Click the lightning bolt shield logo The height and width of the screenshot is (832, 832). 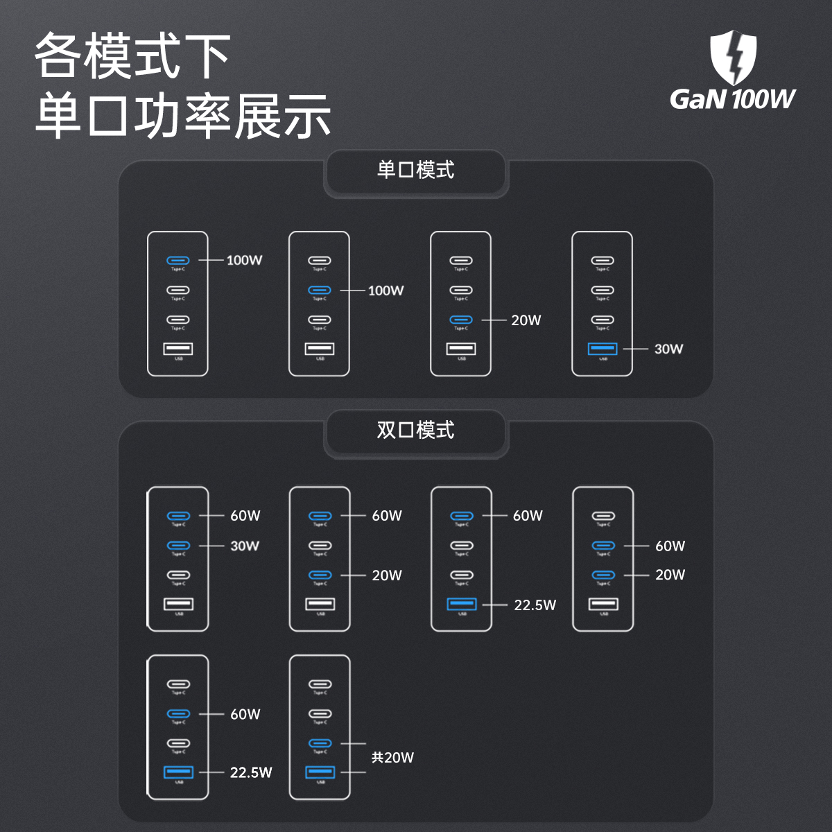coord(733,57)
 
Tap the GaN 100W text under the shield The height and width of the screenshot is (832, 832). coord(732,99)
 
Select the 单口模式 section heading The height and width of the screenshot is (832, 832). coord(415,170)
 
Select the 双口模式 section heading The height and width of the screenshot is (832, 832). coord(415,431)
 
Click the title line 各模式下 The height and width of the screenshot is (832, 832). coord(132,56)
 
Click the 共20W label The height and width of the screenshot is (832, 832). coord(392,758)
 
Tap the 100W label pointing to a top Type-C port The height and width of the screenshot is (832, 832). coord(244,261)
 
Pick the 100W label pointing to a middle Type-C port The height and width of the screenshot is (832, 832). coord(385,291)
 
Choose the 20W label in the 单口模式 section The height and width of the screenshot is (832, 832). coord(526,320)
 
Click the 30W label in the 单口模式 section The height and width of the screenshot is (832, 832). coord(668,349)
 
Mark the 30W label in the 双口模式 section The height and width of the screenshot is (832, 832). coord(245,546)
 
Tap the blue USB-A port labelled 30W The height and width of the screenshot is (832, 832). coord(603,348)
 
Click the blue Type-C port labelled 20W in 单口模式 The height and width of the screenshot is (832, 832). coord(461,320)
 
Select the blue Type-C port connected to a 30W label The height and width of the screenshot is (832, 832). coord(178,546)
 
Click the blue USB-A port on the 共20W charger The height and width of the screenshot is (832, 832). coord(320,772)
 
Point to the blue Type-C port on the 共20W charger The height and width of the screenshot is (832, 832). coord(320,743)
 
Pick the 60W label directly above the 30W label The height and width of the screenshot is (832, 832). coord(245,516)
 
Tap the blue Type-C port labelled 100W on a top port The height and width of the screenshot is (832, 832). coord(178,260)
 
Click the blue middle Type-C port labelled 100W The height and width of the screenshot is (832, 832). coord(320,290)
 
